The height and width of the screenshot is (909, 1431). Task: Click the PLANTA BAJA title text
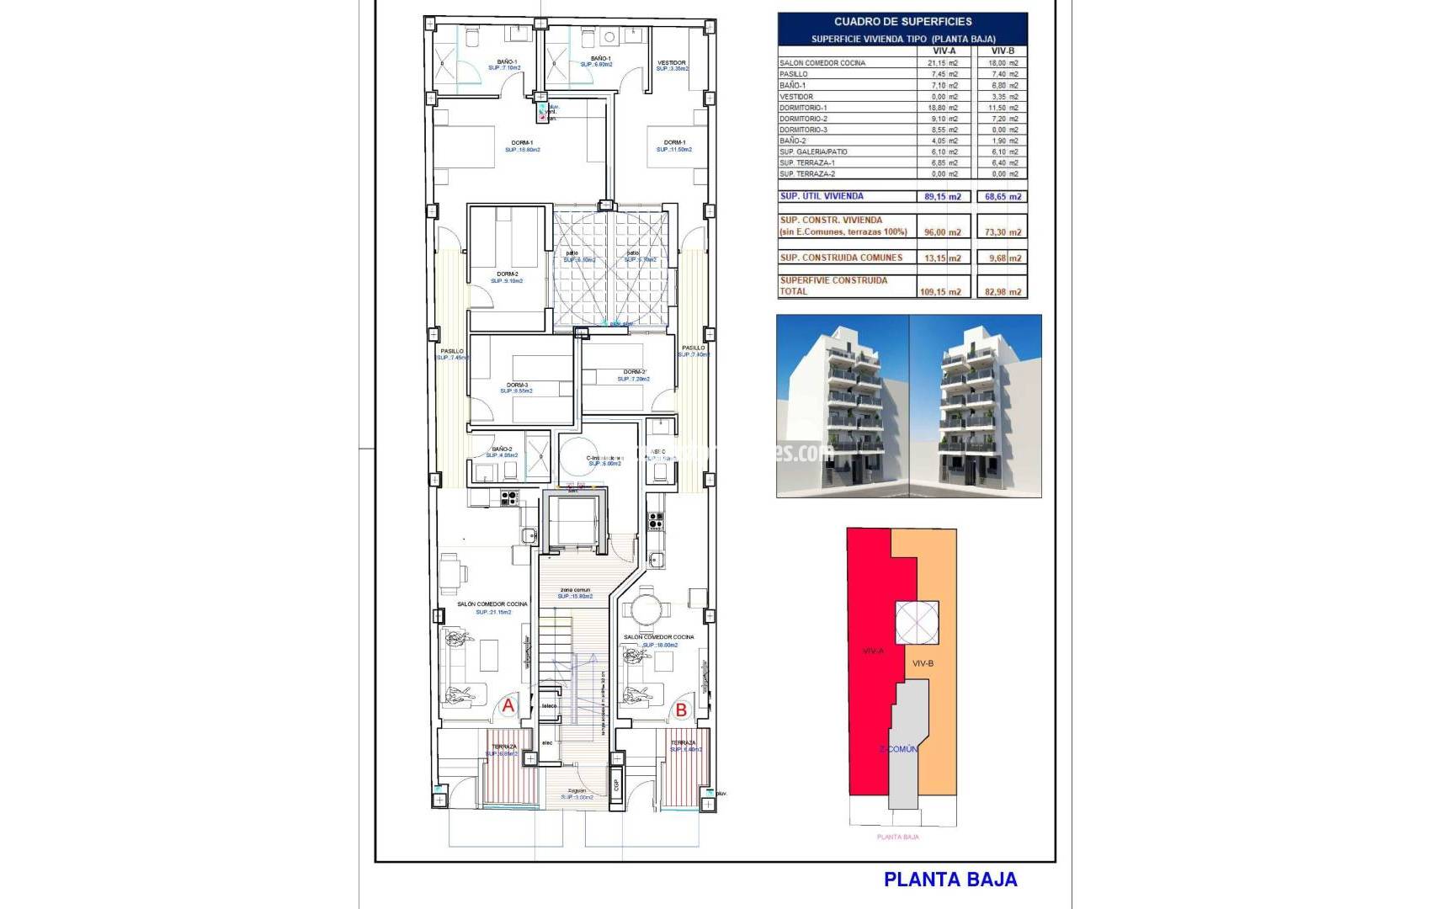950,880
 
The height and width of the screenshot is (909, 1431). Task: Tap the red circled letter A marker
508,706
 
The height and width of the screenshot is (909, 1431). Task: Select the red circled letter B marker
681,710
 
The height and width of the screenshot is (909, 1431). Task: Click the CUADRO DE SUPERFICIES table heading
902,22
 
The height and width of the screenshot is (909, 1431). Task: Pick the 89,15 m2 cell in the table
943,196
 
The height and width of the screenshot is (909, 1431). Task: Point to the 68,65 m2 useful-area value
1003,196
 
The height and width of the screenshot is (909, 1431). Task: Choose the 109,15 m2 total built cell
943,292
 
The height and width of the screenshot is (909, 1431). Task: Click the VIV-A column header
944,51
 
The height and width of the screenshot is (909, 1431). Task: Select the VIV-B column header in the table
1003,51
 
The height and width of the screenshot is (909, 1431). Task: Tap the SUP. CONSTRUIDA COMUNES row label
841,258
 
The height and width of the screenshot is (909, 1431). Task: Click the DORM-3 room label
517,385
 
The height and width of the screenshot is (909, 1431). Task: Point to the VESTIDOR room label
671,62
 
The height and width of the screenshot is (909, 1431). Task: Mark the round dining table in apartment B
646,608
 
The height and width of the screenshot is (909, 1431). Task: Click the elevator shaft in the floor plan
572,522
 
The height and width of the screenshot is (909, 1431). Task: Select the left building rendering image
842,406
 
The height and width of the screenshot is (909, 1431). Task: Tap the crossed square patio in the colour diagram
916,624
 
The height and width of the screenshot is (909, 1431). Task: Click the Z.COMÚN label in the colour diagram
898,748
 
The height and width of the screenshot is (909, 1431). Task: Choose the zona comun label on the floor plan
576,590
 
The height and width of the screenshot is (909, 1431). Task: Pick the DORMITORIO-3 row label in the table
803,130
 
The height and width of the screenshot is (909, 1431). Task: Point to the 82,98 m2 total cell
1003,292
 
